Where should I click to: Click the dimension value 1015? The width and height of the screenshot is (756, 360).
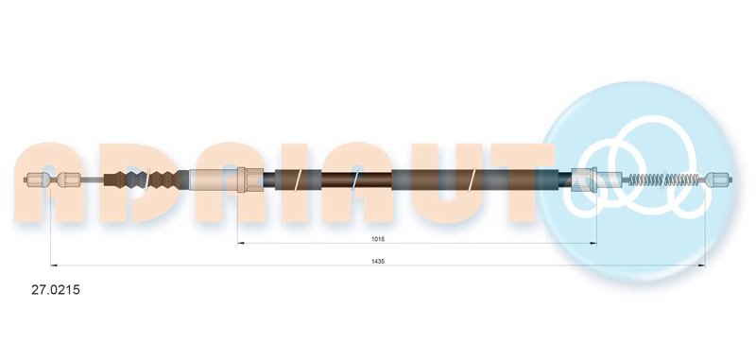coord(378,239)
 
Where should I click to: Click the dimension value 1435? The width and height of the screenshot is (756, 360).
coord(378,261)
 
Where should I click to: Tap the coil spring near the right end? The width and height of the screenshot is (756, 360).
coord(664,180)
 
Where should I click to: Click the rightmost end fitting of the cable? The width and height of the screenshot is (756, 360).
coord(719,180)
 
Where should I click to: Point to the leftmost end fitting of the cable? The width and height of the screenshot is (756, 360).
coord(37,180)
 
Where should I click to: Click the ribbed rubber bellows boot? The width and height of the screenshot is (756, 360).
coord(145,180)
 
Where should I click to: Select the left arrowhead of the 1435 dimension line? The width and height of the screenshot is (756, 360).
coord(54,266)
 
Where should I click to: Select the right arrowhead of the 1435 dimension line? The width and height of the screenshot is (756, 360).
coord(702,266)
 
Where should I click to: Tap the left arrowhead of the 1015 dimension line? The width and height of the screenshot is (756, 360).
coord(241,243)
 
